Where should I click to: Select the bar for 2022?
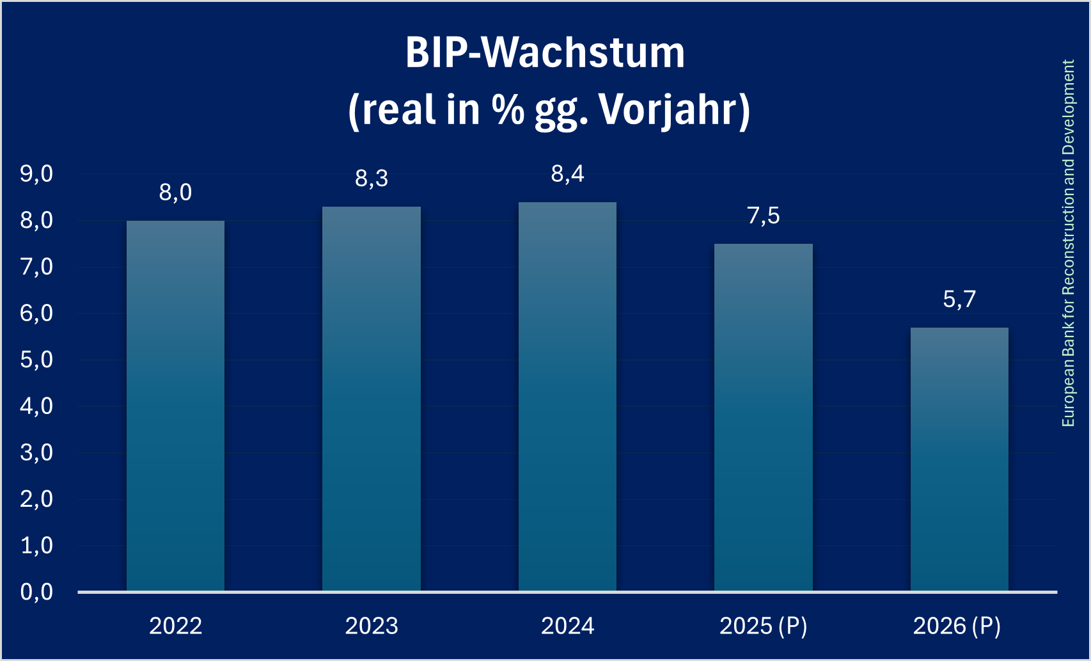175,406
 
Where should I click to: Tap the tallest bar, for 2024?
567,397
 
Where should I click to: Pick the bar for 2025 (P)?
764,417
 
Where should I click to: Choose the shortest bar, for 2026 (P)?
959,459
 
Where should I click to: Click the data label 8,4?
567,174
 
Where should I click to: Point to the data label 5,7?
959,299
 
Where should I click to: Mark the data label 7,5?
764,216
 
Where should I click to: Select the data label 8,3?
372,179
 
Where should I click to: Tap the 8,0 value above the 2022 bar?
175,193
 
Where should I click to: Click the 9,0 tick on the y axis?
36,174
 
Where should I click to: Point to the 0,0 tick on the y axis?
36,593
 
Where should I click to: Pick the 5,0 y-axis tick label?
36,360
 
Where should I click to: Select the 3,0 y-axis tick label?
36,453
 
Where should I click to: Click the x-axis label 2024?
567,626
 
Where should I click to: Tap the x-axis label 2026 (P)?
957,626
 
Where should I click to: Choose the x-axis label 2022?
175,626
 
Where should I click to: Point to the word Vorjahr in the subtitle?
673,110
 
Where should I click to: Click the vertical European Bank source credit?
1068,243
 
